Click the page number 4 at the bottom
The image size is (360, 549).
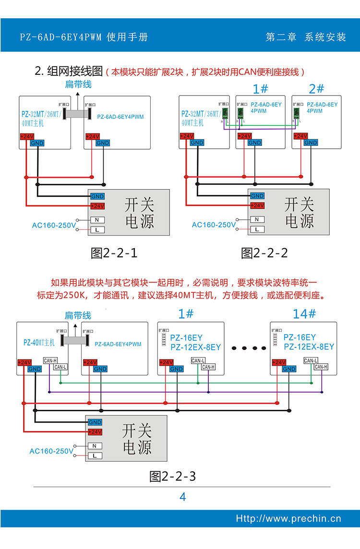coord(182,497)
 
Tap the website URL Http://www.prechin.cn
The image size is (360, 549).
coord(288,518)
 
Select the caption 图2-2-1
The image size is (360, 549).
coord(114,253)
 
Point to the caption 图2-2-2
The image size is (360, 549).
coord(264,253)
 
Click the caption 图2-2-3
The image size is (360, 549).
coord(173,477)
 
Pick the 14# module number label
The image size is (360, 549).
coord(304,314)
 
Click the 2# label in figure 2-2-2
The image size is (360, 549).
coord(316,89)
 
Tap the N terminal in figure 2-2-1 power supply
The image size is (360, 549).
coord(97,220)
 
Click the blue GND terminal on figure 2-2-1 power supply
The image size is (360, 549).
coord(97,196)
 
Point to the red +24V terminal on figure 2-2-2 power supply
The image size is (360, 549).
coord(257,205)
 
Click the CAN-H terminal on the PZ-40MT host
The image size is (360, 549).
coord(50,360)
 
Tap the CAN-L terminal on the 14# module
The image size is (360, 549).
coord(311,360)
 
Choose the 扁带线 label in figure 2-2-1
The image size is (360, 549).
coord(78,85)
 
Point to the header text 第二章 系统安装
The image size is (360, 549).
coord(306,37)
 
